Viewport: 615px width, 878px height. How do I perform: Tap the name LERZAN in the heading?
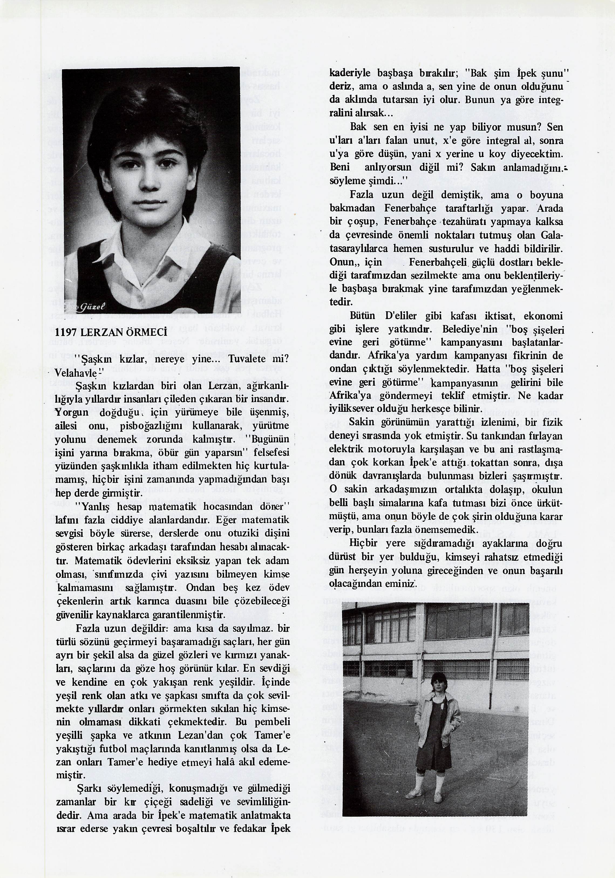point(101,332)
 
